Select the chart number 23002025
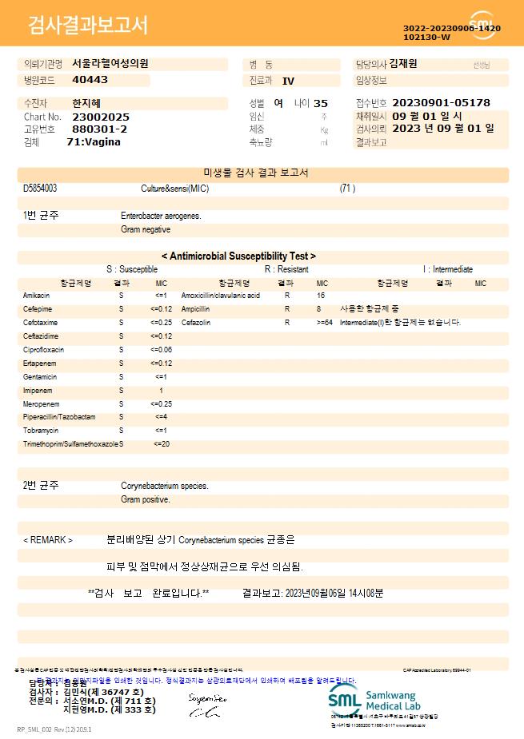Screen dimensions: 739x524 tap(101, 117)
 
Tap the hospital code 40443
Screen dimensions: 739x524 tap(90, 80)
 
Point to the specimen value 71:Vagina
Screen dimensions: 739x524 tap(94, 142)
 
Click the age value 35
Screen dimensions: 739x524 tap(321, 103)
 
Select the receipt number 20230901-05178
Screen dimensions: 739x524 tap(442, 103)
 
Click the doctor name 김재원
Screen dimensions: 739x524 tap(403, 64)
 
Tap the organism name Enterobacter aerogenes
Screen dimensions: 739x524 tap(161, 216)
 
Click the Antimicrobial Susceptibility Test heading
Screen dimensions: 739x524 tap(238, 256)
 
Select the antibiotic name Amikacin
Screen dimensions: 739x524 tap(37, 296)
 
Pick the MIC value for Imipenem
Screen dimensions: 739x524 tap(161, 391)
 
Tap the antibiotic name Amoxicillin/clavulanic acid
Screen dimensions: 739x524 tap(221, 296)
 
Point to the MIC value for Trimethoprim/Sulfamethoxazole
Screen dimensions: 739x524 tap(161, 443)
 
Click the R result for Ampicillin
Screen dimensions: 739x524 tap(287, 309)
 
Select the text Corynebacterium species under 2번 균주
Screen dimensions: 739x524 tap(165, 486)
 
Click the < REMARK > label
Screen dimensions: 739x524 tap(48, 540)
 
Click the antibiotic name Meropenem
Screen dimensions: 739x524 tap(40, 404)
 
